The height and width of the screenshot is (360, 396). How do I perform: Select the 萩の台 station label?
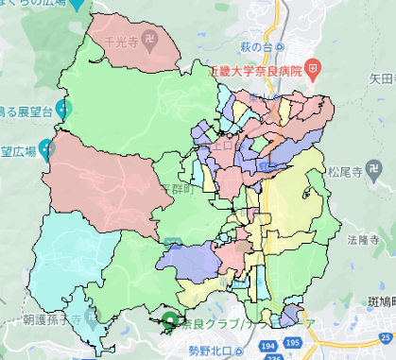pos(256,46)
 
